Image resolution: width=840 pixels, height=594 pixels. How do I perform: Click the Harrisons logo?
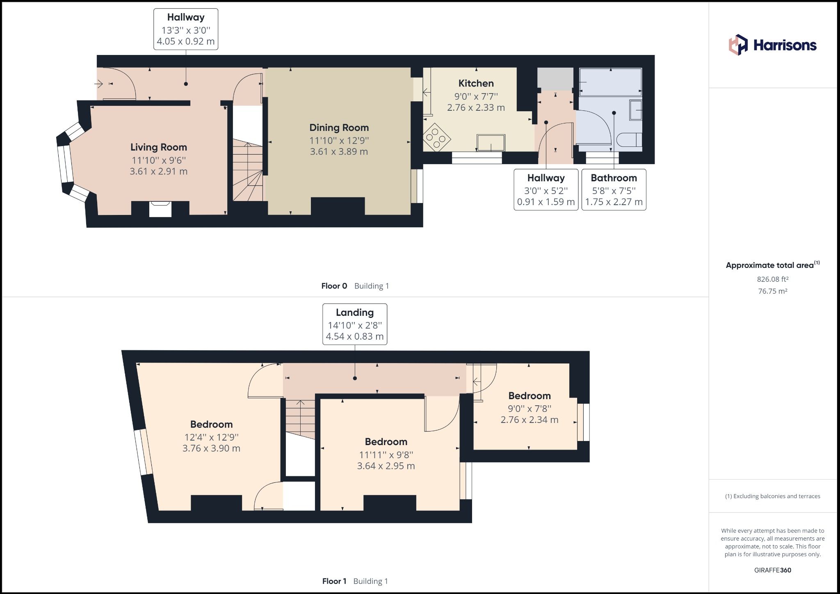[x=772, y=45]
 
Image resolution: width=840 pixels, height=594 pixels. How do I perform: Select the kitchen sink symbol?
[x=491, y=143]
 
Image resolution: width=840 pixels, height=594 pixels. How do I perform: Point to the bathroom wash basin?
[x=636, y=110]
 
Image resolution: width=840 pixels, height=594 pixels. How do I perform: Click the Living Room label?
[x=158, y=147]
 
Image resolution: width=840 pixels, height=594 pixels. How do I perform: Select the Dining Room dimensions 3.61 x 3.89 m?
[x=339, y=151]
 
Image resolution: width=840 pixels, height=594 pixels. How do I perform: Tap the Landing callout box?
[x=354, y=324]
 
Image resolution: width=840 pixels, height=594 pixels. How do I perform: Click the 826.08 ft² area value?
[x=772, y=279]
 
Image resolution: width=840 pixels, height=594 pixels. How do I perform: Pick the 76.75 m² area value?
[x=772, y=291]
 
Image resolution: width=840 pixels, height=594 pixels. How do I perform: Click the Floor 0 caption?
[x=334, y=286]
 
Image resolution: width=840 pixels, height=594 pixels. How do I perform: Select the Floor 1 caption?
[x=334, y=581]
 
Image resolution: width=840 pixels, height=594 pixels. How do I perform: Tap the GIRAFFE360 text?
[x=772, y=570]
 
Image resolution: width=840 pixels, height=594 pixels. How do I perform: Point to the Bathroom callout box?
[x=614, y=190]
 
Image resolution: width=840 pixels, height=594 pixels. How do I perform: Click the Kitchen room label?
[x=476, y=83]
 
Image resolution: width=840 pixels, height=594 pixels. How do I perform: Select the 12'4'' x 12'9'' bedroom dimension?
[x=211, y=437]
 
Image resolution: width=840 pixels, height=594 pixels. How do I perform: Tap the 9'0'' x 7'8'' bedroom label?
[x=529, y=408]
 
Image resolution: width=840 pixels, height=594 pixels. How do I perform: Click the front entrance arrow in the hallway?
[x=99, y=84]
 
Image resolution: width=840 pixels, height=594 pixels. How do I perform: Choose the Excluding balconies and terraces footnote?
[x=772, y=496]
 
